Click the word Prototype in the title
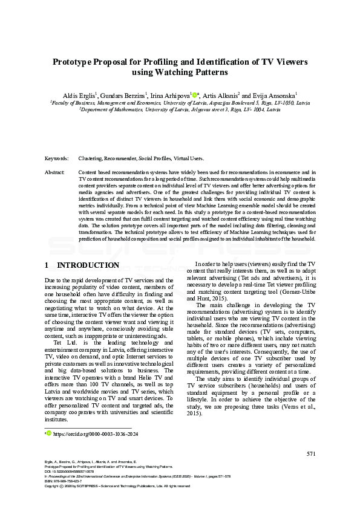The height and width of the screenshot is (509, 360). pos(73,62)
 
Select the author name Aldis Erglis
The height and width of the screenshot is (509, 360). pos(79,96)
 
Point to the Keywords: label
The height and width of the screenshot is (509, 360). pos(57,158)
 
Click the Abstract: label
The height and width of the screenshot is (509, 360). pos(55,172)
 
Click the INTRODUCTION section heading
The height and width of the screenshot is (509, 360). pos(88,265)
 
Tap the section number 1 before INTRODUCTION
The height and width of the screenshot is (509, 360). pos(47,265)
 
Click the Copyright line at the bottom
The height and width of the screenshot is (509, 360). pos(115,486)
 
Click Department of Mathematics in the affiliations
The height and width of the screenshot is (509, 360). pos(115,110)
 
